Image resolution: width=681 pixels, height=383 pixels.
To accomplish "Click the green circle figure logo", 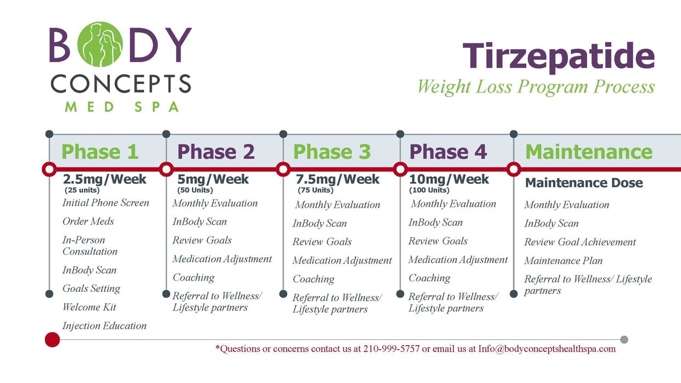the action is coord(101,44).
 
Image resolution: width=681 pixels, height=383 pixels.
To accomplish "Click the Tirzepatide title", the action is coord(559,57).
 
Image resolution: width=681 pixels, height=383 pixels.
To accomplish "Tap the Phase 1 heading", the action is coord(100,151).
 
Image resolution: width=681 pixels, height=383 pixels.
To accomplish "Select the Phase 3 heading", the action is coord(332,151).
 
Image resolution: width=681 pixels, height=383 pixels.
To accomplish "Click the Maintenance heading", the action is coord(589,151).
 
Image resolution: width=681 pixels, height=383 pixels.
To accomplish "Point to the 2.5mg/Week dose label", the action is coord(104,179).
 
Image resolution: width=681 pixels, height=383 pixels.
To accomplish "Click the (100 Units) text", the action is coord(429,190).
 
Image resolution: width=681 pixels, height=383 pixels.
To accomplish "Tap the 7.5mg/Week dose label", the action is coord(337,179).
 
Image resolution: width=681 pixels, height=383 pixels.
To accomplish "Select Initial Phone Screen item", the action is coord(106,202).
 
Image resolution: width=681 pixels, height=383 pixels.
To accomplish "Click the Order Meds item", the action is coord(88,221).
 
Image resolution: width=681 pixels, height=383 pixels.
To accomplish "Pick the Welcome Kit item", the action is coord(90,307).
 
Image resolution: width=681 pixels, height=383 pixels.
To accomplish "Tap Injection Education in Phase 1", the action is coord(104,325).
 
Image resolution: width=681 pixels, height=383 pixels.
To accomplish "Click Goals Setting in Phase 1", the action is coord(91,289).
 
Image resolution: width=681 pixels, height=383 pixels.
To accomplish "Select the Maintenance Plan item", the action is coord(563,261).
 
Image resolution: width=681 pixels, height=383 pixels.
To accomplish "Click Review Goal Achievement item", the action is coord(580,242).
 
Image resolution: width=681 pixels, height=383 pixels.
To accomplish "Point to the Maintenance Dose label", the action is coord(584,183).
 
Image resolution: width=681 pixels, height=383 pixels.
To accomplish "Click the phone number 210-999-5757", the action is coord(392,348).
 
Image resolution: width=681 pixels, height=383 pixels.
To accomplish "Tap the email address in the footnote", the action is coord(547,348).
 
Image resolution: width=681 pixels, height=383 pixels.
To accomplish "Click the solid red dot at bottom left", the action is coord(52,340).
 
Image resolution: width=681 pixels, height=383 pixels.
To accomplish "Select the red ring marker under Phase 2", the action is coord(166,169).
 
